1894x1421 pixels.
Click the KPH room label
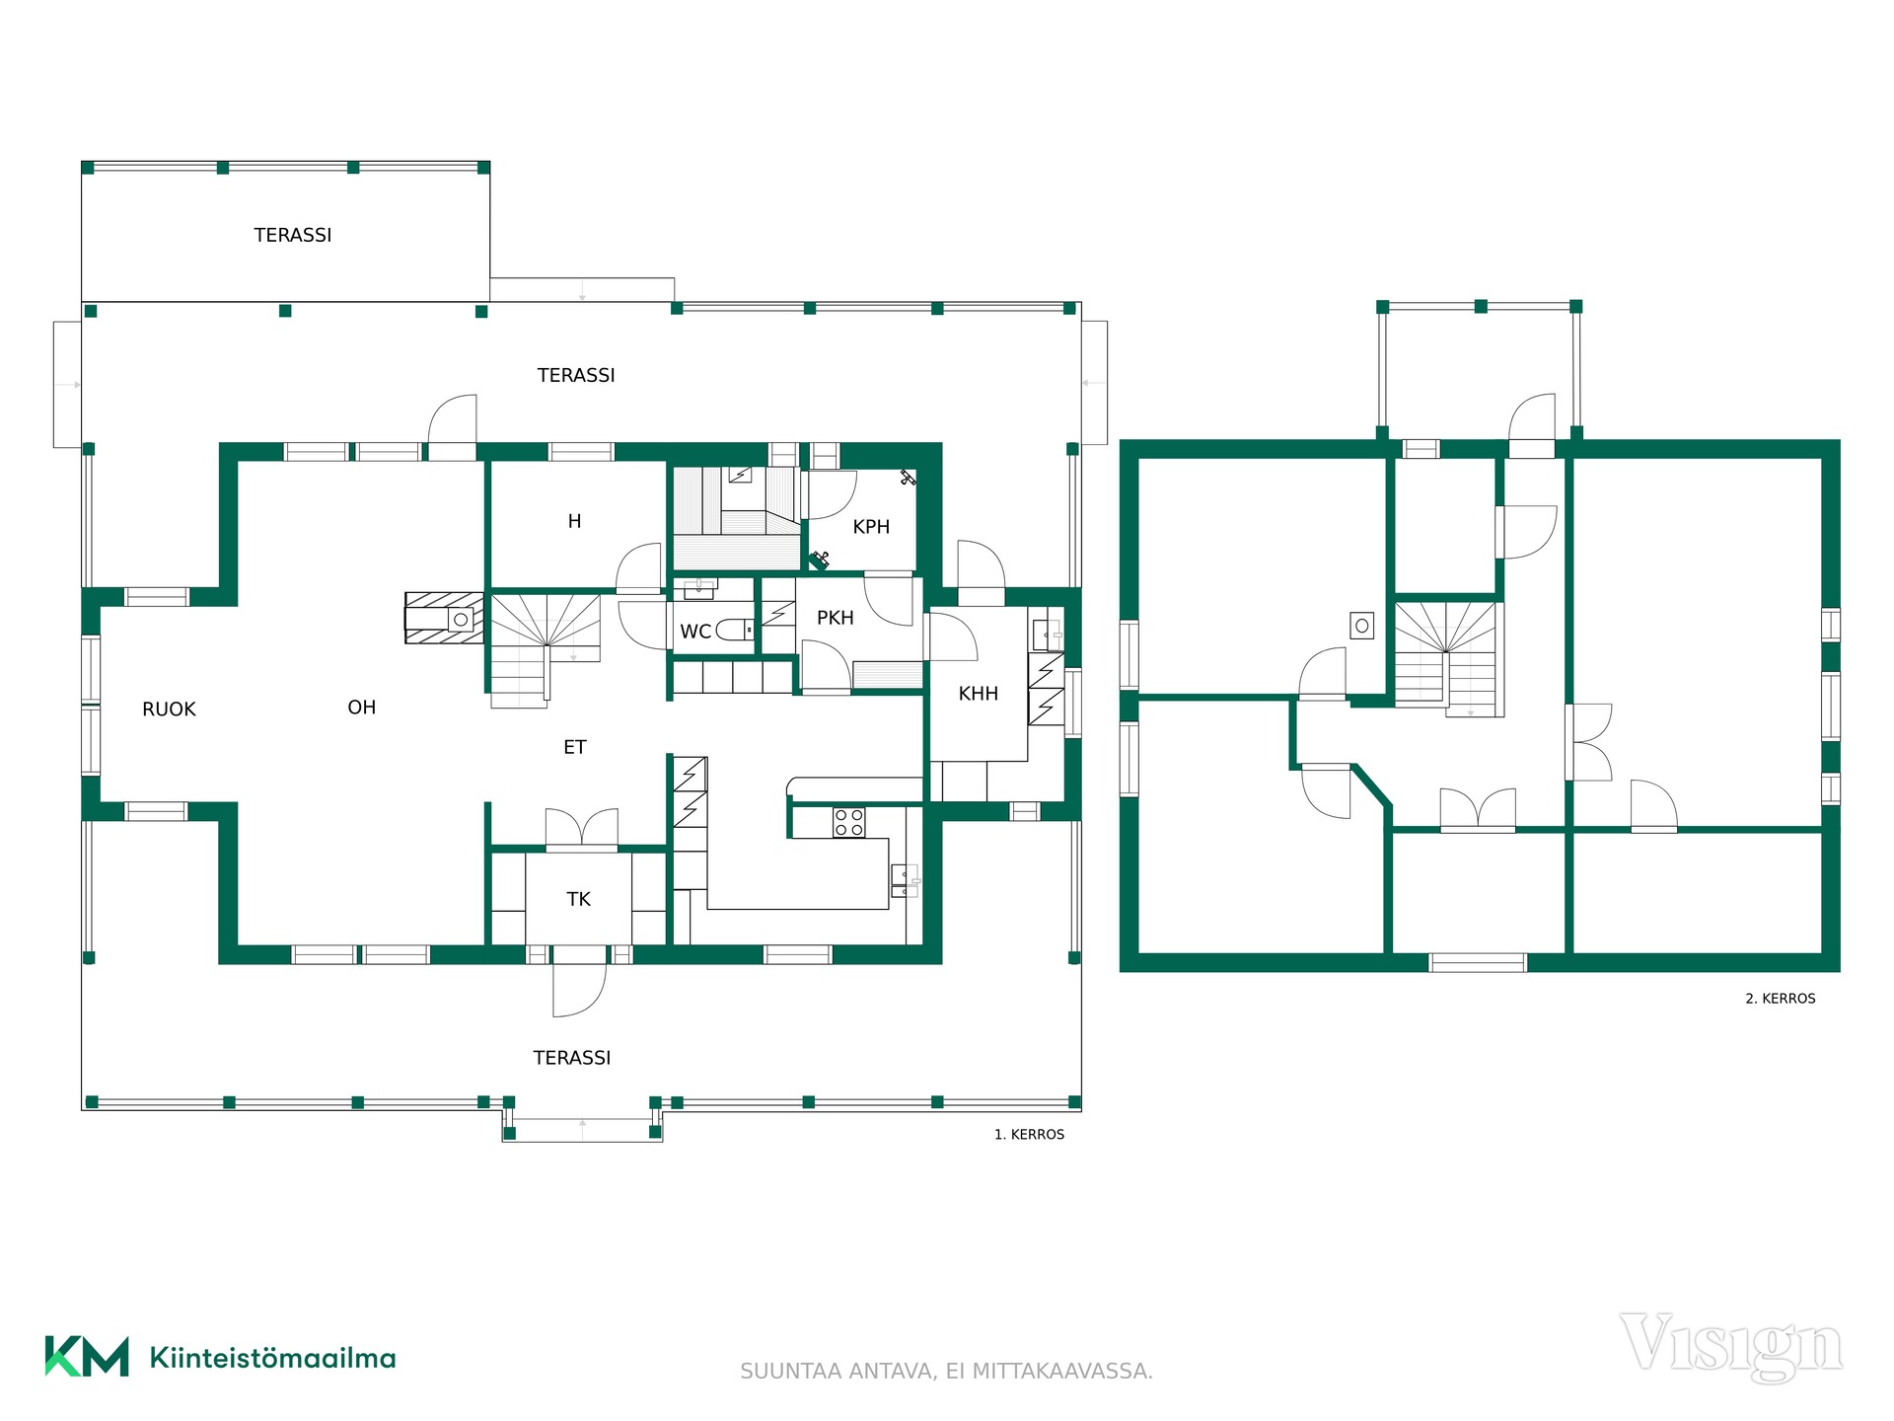click(x=871, y=527)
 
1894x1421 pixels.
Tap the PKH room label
click(x=835, y=618)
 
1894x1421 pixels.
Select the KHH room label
click(x=978, y=694)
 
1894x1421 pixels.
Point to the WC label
click(x=695, y=632)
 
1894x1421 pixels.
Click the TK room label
click(x=578, y=899)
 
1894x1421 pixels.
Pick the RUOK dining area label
click(x=169, y=710)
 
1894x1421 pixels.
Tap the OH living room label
click(x=362, y=708)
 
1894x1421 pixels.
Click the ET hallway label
click(x=574, y=747)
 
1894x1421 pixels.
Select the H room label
click(x=574, y=521)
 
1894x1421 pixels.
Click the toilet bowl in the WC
click(x=732, y=629)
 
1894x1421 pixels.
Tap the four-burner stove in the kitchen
click(x=849, y=822)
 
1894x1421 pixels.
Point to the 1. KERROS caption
click(x=1029, y=1135)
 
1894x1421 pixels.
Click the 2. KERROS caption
click(x=1781, y=999)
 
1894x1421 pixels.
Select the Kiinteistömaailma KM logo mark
click(x=87, y=1357)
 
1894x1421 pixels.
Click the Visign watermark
click(x=1730, y=1345)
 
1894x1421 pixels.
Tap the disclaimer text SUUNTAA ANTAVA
click(x=838, y=1372)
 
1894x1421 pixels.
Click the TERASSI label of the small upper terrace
click(x=292, y=235)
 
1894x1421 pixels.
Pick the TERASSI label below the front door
click(x=572, y=1058)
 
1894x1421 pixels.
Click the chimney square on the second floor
click(x=1362, y=626)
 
